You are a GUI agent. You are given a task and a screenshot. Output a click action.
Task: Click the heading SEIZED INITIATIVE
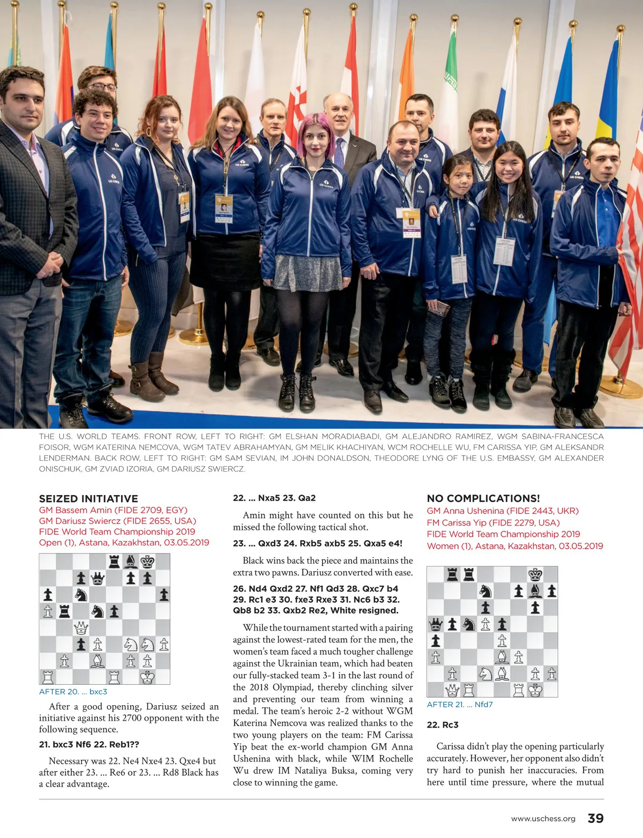(x=88, y=499)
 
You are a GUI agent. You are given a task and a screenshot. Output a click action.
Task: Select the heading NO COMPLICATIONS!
(x=483, y=499)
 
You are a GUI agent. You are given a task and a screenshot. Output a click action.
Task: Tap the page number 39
(x=595, y=818)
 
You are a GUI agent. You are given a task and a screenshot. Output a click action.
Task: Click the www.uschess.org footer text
(x=543, y=819)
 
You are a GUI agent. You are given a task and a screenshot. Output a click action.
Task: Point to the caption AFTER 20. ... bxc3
(x=73, y=692)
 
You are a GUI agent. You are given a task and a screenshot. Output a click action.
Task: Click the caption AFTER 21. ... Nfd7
(x=460, y=705)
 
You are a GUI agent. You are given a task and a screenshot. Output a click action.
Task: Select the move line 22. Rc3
(x=443, y=725)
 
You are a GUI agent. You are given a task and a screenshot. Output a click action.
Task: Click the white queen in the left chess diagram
(x=81, y=627)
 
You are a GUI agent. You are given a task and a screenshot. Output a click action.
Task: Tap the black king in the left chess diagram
(x=147, y=562)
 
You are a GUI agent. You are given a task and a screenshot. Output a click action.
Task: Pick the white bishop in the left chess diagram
(x=98, y=661)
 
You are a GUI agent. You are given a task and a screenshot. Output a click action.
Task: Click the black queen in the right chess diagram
(x=436, y=624)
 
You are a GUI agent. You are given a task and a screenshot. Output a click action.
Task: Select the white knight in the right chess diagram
(x=485, y=674)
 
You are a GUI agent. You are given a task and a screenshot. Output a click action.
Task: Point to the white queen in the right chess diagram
(x=452, y=690)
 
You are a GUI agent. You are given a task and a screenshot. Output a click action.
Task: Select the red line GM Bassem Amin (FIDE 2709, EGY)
(x=113, y=510)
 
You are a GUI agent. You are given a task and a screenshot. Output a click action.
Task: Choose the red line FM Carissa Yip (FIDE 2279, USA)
(x=493, y=522)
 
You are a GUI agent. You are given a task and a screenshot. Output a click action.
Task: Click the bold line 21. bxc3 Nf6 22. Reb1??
(x=89, y=744)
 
